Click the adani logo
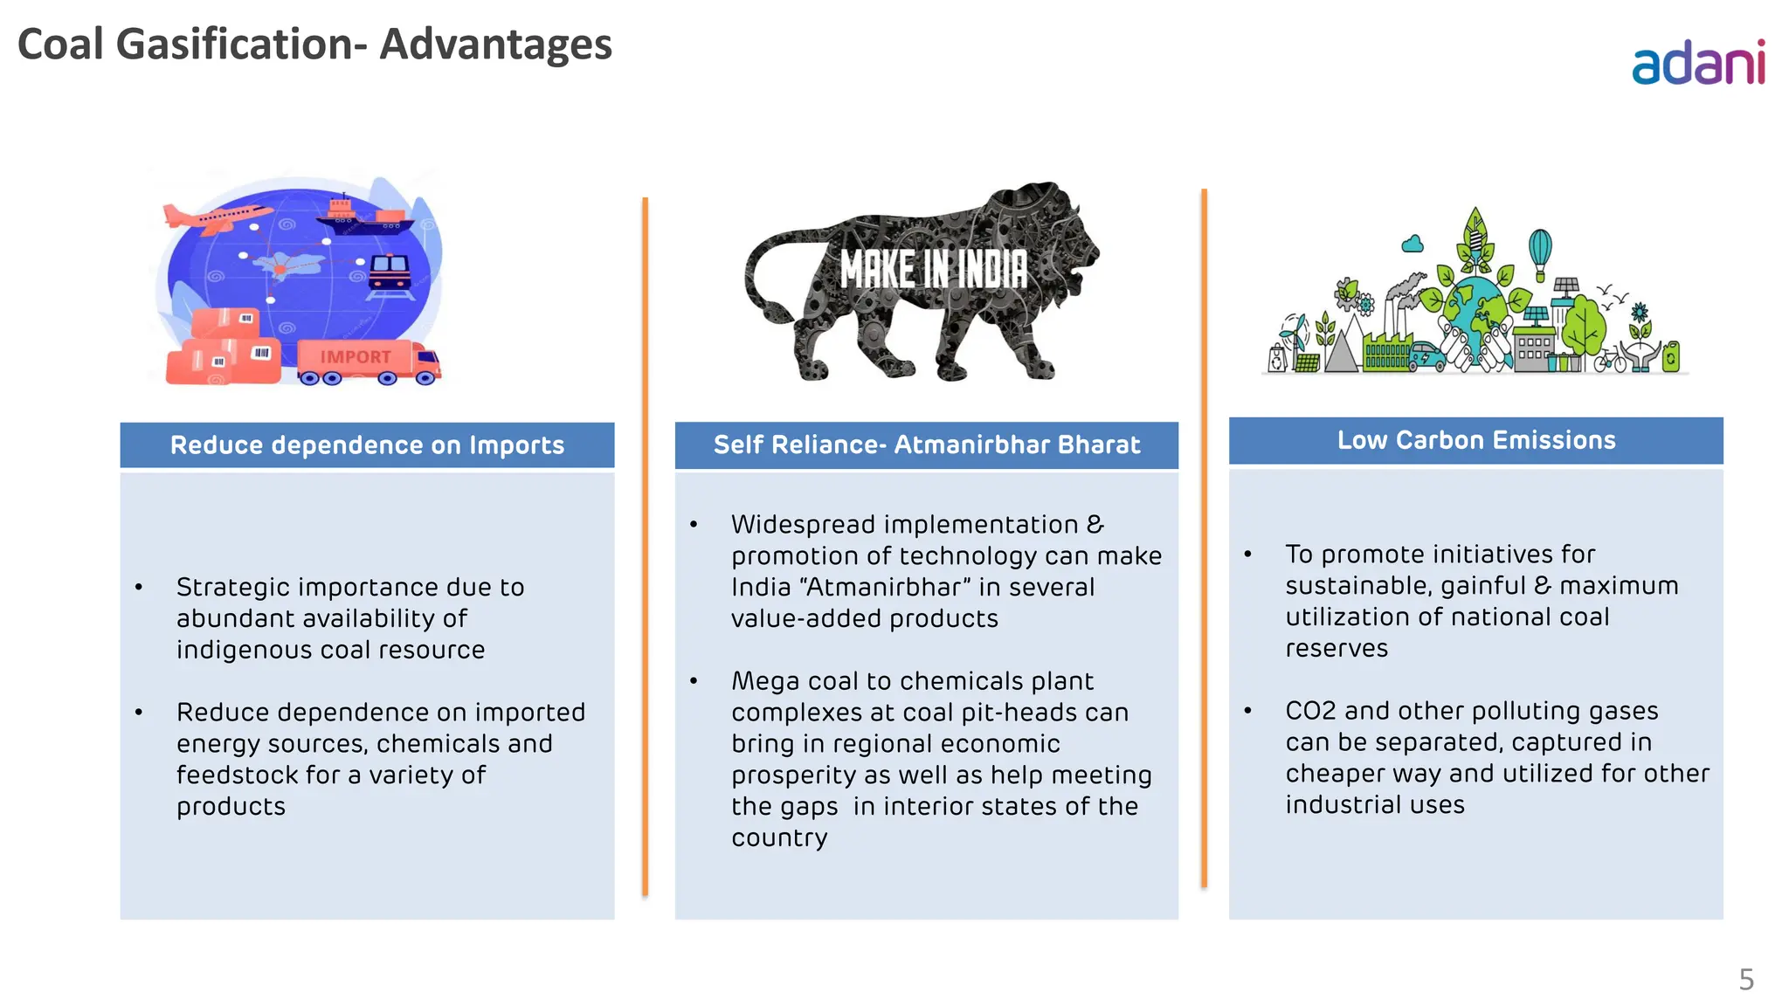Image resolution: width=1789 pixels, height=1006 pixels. coord(1698,63)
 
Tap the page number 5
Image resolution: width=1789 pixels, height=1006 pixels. coord(1745,979)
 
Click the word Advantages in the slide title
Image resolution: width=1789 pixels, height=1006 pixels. coord(495,45)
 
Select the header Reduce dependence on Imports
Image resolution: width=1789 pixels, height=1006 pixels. coord(367,445)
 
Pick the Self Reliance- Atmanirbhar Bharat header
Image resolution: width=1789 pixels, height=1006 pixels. coord(926,445)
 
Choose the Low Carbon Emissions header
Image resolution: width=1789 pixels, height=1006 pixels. coord(1475,440)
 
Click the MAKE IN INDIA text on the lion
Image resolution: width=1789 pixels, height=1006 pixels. coord(933,269)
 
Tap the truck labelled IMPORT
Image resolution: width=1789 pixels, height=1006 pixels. coord(367,361)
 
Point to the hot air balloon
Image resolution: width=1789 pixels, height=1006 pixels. coord(1540,250)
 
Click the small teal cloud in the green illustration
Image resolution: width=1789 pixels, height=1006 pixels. coord(1413,244)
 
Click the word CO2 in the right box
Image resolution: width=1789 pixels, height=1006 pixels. coord(1310,711)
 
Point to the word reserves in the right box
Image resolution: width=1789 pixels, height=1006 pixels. coord(1336,648)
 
